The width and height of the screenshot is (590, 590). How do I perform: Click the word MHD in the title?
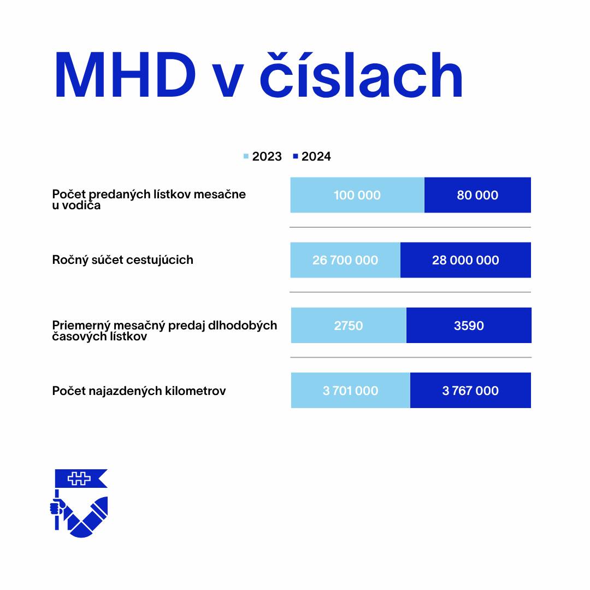tap(125, 76)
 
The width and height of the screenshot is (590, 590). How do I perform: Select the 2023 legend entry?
tap(263, 157)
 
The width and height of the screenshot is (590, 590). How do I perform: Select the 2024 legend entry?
tap(312, 157)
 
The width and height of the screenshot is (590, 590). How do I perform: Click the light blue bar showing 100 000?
tap(357, 195)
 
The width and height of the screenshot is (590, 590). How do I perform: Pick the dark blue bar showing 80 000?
tap(477, 195)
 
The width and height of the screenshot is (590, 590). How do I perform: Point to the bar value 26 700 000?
tap(345, 260)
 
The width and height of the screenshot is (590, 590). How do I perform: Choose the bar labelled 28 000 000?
tap(465, 260)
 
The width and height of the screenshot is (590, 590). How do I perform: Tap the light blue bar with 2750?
tap(349, 326)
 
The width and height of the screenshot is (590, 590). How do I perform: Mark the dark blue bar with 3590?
tap(469, 326)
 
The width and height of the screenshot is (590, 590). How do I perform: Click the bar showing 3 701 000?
tap(350, 391)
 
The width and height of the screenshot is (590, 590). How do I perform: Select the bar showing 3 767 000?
tap(470, 391)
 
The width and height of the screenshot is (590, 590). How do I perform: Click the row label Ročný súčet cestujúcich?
tap(122, 260)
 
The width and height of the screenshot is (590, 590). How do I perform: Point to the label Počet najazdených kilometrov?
tap(139, 391)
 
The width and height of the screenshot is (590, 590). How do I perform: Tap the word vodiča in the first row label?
tap(83, 206)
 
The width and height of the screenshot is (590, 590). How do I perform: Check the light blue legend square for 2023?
tap(246, 157)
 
